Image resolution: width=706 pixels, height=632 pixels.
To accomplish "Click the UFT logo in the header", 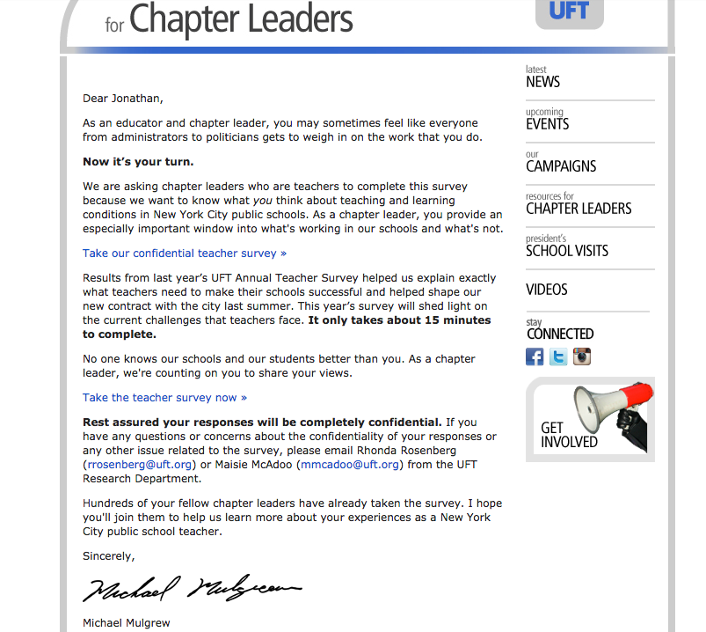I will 569,11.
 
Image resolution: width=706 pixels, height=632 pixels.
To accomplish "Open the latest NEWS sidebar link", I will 542,81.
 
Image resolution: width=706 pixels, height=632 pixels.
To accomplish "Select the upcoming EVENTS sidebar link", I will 547,123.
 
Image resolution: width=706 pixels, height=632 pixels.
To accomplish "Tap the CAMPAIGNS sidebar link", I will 561,165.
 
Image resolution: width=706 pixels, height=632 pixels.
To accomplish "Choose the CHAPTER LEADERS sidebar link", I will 579,208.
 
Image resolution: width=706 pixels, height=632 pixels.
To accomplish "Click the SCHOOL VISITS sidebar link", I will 567,250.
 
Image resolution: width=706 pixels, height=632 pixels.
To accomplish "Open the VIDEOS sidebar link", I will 547,289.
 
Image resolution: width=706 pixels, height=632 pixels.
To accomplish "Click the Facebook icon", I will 535,356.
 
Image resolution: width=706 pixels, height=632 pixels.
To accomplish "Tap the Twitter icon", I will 558,356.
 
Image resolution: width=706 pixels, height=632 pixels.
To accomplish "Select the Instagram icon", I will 582,356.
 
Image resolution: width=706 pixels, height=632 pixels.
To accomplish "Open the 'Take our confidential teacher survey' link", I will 185,254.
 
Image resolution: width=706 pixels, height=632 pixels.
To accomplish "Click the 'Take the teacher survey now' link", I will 164,398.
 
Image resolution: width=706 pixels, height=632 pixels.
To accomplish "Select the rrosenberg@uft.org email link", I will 139,464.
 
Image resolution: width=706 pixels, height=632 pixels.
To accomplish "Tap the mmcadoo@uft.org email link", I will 350,464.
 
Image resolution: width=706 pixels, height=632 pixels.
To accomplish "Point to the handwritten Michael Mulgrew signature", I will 192,588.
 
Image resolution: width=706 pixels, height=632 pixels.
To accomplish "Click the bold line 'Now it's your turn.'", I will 138,162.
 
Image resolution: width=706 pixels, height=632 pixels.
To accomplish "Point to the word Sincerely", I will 108,556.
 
